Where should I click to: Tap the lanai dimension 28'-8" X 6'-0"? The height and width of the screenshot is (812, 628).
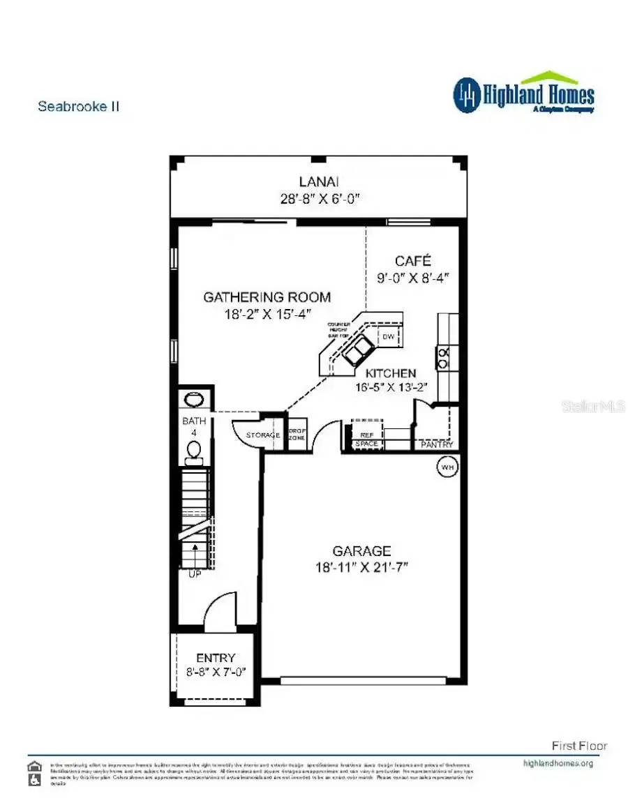[318, 198]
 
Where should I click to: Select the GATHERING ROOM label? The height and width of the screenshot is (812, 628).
[267, 297]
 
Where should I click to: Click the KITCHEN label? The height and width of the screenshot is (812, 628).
[391, 373]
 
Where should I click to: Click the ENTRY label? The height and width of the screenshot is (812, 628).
[216, 658]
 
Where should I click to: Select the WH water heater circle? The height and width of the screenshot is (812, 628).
[446, 467]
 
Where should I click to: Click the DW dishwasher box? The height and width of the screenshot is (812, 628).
[389, 337]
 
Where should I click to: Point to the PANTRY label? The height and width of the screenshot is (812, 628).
[437, 444]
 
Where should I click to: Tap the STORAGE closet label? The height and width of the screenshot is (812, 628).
[262, 435]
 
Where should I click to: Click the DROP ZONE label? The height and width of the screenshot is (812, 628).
[298, 434]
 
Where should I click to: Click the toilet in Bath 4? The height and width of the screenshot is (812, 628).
[194, 451]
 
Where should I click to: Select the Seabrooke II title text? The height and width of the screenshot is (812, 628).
[78, 107]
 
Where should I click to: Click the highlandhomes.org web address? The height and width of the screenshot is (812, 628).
[558, 763]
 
